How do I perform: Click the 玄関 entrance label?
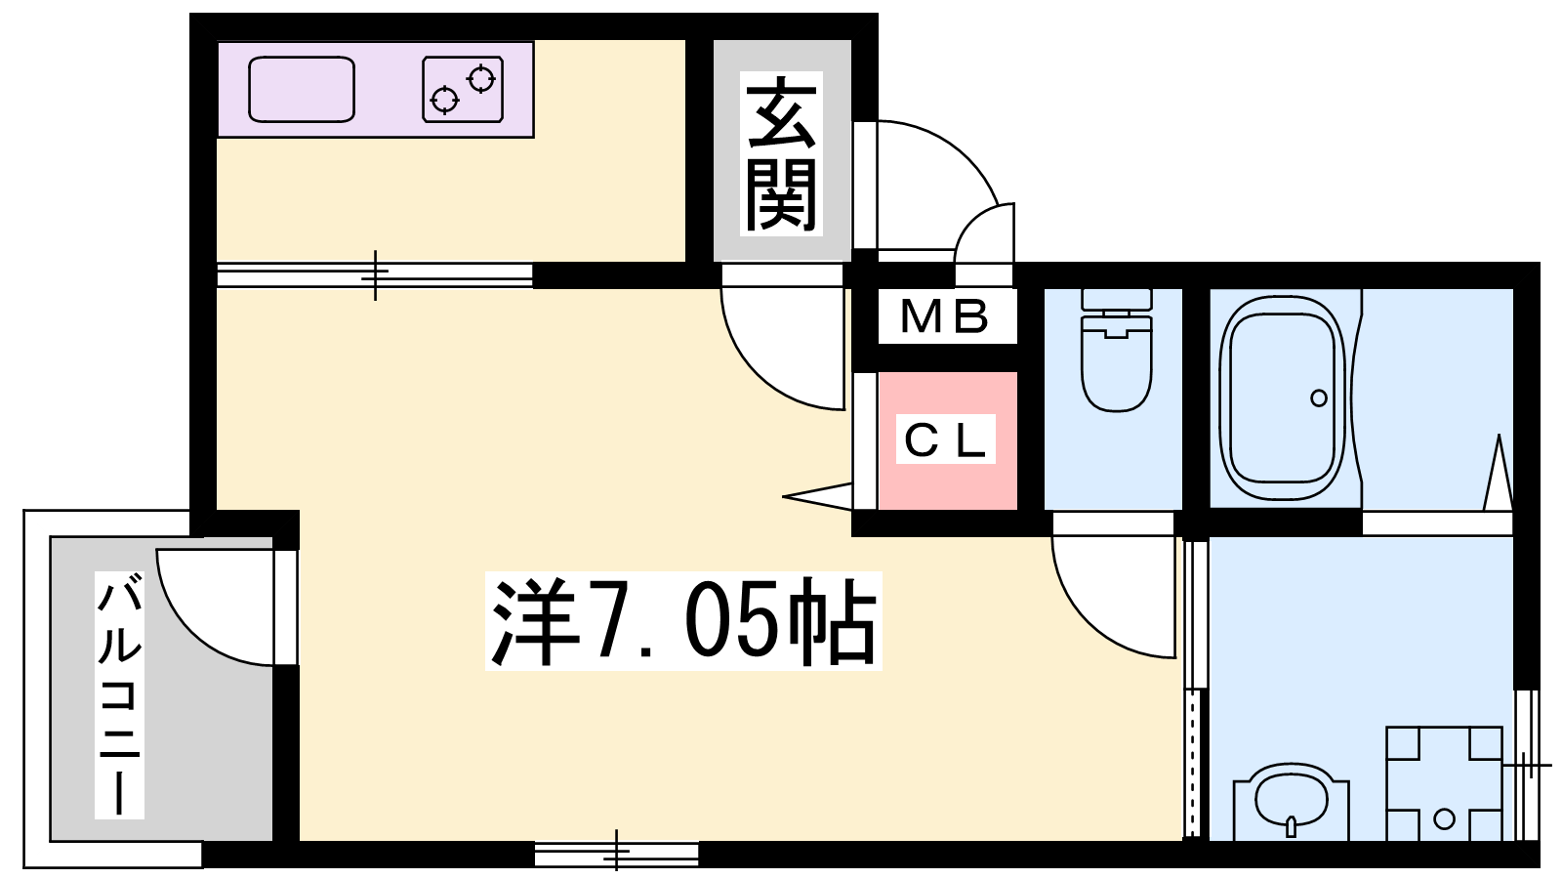point(781,153)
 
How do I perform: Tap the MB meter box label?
point(945,316)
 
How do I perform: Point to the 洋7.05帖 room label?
point(683,621)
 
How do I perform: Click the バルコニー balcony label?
point(119,694)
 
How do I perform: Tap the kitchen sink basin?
point(302,89)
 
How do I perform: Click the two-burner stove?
point(463,89)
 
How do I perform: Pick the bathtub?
point(1283,397)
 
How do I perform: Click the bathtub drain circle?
point(1319,398)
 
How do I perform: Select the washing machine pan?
point(1444,784)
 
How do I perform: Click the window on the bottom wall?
point(616,854)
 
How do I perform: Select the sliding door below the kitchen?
point(375,274)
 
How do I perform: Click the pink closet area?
point(947,440)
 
